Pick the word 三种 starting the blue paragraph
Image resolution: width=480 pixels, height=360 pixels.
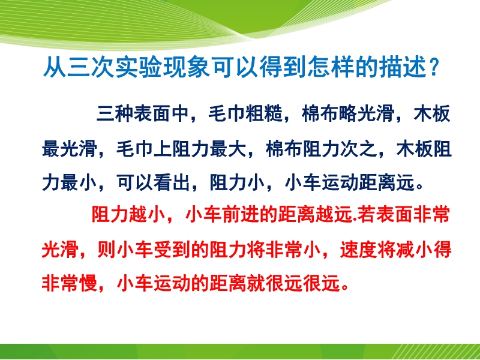tap(115, 114)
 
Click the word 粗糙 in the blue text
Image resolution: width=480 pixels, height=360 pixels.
tap(264, 114)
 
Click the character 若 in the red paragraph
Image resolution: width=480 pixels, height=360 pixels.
tap(367, 215)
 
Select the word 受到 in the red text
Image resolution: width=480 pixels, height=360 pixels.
tap(172, 250)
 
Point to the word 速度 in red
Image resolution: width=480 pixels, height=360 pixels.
tap(358, 250)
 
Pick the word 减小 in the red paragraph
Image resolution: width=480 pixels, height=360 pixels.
tap(415, 250)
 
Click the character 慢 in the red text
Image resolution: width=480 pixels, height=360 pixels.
tap(88, 282)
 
